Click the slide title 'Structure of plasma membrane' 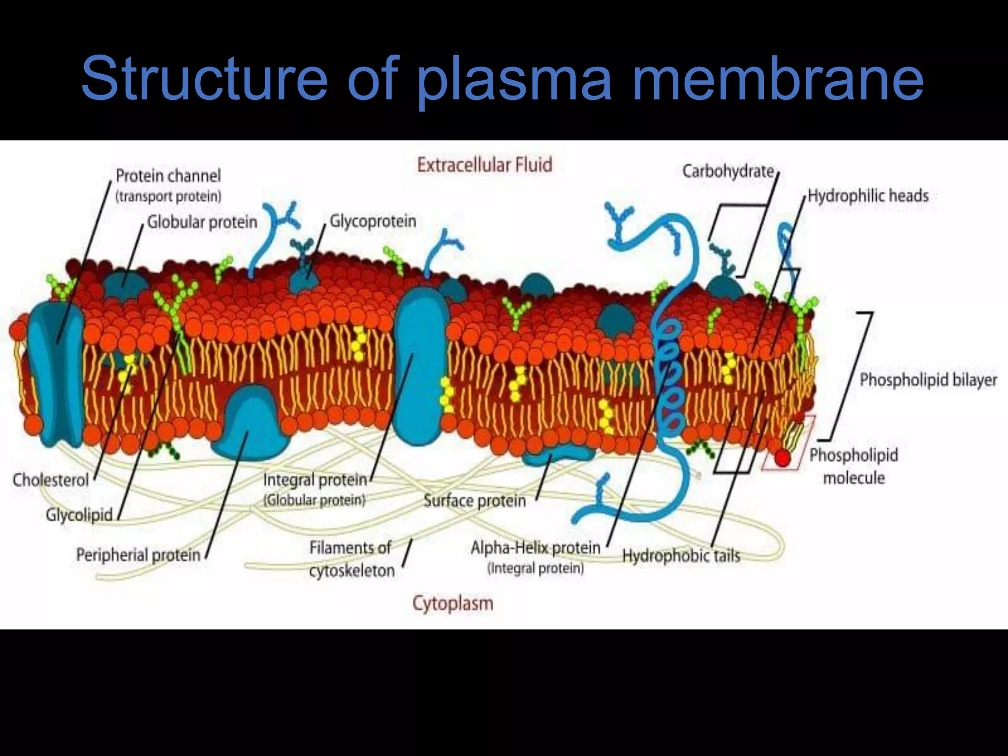[502, 79]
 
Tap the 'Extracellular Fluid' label [484, 165]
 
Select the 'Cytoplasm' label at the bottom [452, 603]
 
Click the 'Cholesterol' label [51, 480]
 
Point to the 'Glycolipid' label [79, 515]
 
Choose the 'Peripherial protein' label [138, 555]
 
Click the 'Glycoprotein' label [373, 221]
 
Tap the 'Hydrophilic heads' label [868, 196]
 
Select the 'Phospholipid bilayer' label [928, 380]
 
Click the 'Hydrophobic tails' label [681, 556]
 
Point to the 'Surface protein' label [474, 501]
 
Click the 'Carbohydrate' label [728, 171]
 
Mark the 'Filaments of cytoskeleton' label [351, 559]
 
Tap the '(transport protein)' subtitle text [168, 196]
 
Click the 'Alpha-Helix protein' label [535, 548]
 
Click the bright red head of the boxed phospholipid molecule [783, 458]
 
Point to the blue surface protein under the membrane [557, 456]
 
